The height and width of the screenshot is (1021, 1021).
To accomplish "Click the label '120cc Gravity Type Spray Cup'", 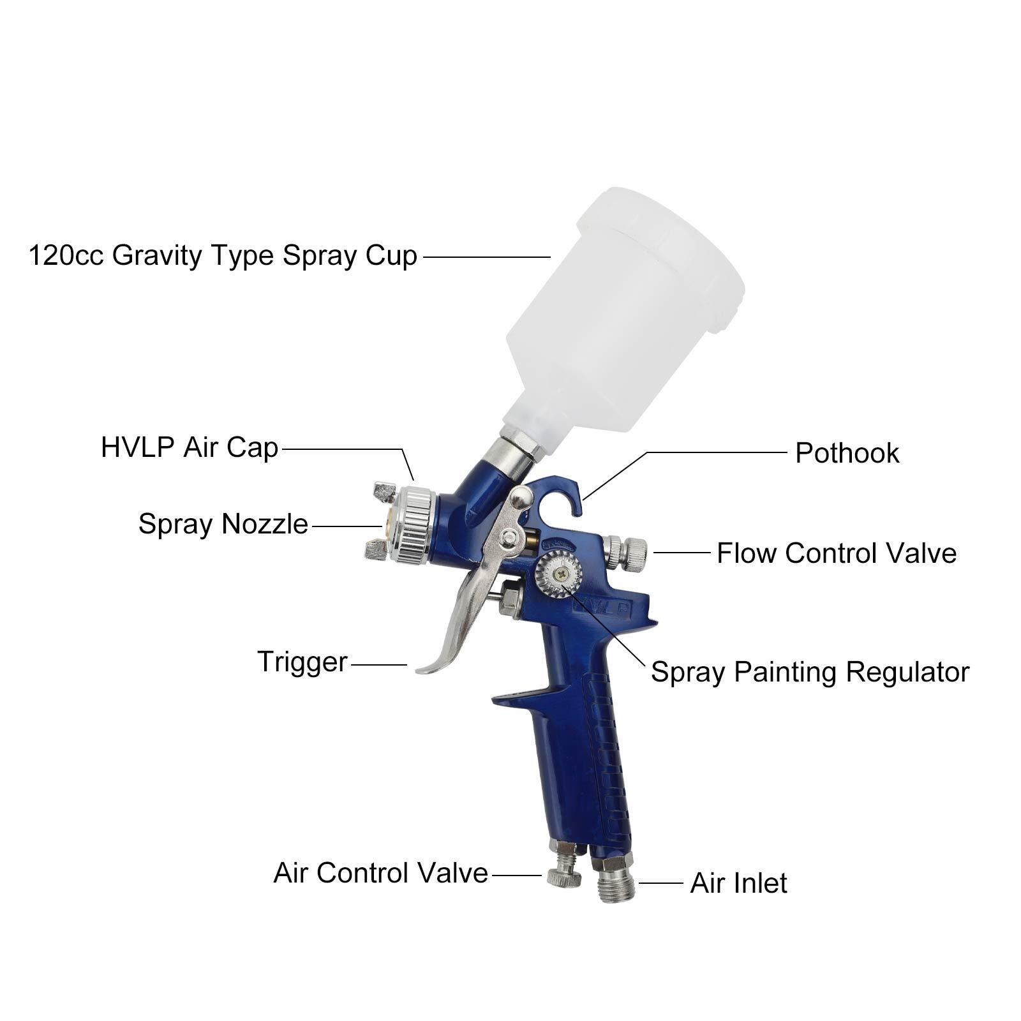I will coord(223,256).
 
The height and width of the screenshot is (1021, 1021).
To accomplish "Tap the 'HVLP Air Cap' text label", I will coord(190,448).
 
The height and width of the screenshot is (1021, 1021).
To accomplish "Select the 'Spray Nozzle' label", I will coord(223,525).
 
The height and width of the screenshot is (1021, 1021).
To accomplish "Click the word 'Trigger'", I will coord(302,662).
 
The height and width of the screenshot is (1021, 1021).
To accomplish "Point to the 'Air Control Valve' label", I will coord(380,873).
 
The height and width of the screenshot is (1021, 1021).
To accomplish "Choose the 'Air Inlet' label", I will coord(738,884).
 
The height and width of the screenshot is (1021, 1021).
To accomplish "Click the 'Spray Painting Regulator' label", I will coord(810,673).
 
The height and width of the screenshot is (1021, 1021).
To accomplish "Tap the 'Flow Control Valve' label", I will coord(836,553).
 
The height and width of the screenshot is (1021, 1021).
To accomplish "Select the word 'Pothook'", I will coord(847,454).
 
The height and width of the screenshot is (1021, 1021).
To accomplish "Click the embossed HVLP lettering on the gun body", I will coord(602,609).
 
